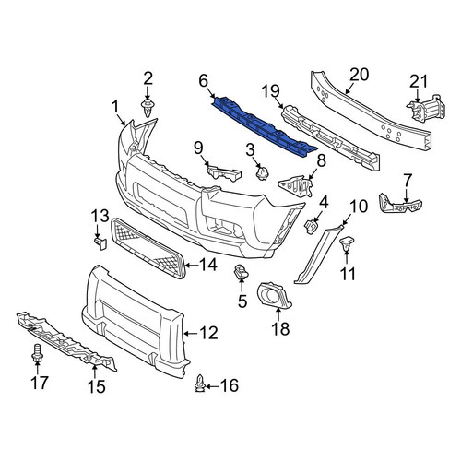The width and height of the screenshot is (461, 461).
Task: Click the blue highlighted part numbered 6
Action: pyautogui.click(x=265, y=127)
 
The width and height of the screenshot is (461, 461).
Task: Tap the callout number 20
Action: pyautogui.click(x=360, y=75)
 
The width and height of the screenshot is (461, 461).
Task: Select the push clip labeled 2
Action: pyautogui.click(x=148, y=108)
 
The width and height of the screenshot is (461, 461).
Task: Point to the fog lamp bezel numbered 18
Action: pyautogui.click(x=274, y=295)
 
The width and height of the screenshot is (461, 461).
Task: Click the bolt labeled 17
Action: pyautogui.click(x=37, y=354)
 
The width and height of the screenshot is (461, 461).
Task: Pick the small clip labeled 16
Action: pyautogui.click(x=200, y=384)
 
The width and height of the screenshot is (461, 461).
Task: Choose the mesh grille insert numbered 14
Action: pyautogui.click(x=148, y=248)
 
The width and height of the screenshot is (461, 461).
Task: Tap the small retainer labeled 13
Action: pyautogui.click(x=100, y=242)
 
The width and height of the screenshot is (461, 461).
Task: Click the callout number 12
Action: pyautogui.click(x=208, y=333)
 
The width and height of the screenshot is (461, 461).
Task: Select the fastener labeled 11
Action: pyautogui.click(x=347, y=243)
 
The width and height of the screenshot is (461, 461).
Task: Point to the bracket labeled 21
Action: pyautogui.click(x=427, y=109)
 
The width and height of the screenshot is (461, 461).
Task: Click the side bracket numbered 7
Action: pyautogui.click(x=400, y=204)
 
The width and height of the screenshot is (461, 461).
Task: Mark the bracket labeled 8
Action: pyautogui.click(x=296, y=185)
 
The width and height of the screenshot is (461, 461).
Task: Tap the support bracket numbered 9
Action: pyautogui.click(x=223, y=172)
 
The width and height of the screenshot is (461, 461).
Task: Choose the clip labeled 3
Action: pyautogui.click(x=262, y=173)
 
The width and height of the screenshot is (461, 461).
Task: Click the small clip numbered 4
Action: pyautogui.click(x=311, y=227)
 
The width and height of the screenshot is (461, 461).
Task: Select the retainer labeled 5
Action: pyautogui.click(x=242, y=272)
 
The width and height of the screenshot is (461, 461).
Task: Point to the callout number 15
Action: pyautogui.click(x=96, y=386)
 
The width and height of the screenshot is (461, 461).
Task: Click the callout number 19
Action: pyautogui.click(x=271, y=90)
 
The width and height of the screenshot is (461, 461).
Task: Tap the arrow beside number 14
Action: pyautogui.click(x=191, y=265)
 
